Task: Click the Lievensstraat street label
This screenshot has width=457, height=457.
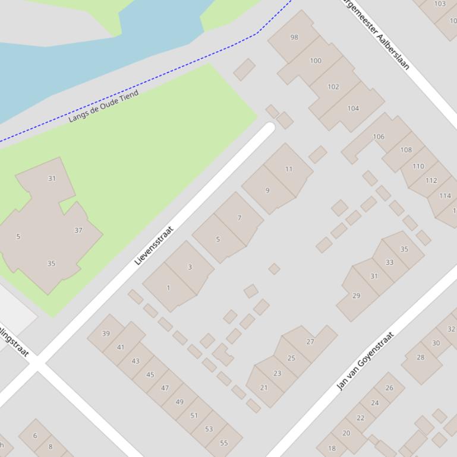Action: [154, 245]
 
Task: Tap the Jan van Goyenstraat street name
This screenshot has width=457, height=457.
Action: [365, 361]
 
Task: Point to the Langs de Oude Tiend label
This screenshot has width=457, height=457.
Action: [103, 106]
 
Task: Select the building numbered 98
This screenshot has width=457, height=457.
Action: [294, 37]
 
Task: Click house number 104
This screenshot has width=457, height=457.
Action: [353, 109]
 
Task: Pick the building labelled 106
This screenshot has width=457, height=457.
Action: [379, 137]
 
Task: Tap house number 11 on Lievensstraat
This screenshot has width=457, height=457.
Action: [289, 169]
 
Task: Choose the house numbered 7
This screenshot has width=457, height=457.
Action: [239, 218]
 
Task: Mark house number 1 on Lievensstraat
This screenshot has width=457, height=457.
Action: [168, 288]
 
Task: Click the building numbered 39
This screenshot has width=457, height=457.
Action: [106, 334]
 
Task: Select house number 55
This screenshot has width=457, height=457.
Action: [224, 443]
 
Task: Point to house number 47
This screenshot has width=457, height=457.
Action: [165, 388]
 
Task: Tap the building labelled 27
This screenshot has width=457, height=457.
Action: [310, 342]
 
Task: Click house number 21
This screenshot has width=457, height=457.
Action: [264, 388]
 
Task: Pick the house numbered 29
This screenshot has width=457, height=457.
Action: [356, 296]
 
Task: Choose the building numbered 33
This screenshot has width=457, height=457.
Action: [389, 262]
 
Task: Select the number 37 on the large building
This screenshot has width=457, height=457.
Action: [78, 230]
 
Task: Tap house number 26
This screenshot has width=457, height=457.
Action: [389, 388]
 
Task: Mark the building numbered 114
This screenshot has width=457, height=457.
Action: [445, 196]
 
